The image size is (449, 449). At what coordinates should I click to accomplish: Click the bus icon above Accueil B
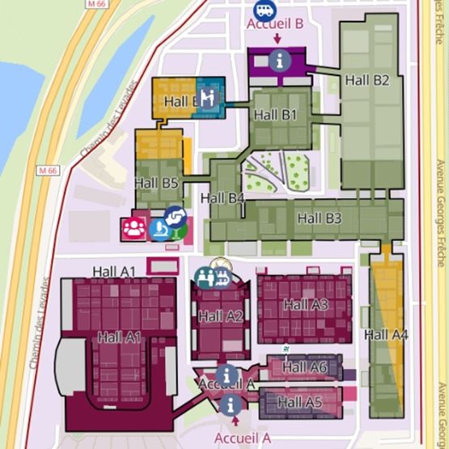pyautogui.click(x=264, y=10)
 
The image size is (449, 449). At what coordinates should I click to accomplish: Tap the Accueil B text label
pyautogui.click(x=276, y=23)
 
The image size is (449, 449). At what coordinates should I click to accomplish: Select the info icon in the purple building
pyautogui.click(x=280, y=58)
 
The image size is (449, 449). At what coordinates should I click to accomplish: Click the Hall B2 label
pyautogui.click(x=367, y=80)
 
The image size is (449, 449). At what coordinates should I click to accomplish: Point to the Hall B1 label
pyautogui.click(x=275, y=115)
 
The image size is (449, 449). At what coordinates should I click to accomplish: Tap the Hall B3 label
pyautogui.click(x=319, y=218)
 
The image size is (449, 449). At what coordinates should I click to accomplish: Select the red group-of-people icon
pyautogui.click(x=133, y=228)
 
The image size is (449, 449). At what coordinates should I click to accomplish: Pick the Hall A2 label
pyautogui.click(x=220, y=316)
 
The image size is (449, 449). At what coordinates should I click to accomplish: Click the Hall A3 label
pyautogui.click(x=306, y=304)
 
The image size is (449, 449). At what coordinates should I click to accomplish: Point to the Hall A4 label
pyautogui.click(x=386, y=334)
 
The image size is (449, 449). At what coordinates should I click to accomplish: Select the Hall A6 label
pyautogui.click(x=302, y=367)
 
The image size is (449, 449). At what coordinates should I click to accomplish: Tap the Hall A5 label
pyautogui.click(x=300, y=401)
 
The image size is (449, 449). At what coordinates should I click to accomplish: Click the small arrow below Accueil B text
pyautogui.click(x=277, y=37)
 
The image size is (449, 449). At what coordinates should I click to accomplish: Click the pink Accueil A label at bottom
pyautogui.click(x=242, y=437)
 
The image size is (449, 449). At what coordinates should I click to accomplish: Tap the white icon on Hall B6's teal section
pyautogui.click(x=208, y=97)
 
